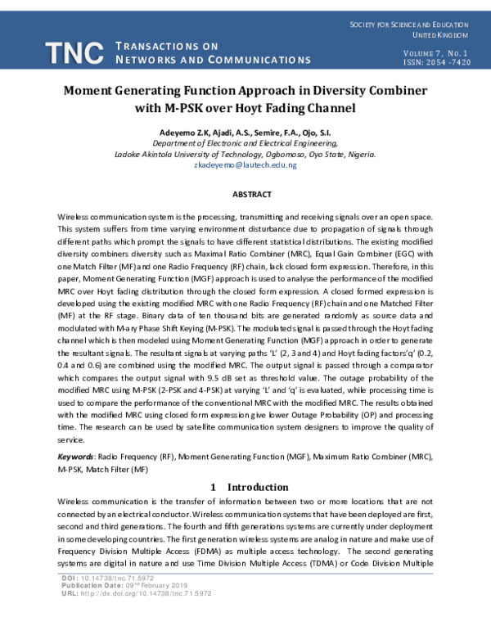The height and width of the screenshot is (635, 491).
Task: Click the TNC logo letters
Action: click(x=74, y=53)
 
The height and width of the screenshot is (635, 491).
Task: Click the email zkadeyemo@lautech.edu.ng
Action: click(x=245, y=164)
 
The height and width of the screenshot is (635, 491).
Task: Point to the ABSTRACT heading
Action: click(x=245, y=195)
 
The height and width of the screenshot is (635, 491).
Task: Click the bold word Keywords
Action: click(x=74, y=456)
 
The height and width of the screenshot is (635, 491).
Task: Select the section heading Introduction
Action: click(x=258, y=487)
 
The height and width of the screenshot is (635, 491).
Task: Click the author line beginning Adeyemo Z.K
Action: click(x=245, y=132)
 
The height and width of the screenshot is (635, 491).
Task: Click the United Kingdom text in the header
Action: click(x=439, y=35)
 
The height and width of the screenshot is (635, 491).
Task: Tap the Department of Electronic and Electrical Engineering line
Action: click(x=245, y=142)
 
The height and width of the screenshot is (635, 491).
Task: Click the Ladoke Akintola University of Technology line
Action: click(x=245, y=154)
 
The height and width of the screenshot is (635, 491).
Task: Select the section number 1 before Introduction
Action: click(x=213, y=487)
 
